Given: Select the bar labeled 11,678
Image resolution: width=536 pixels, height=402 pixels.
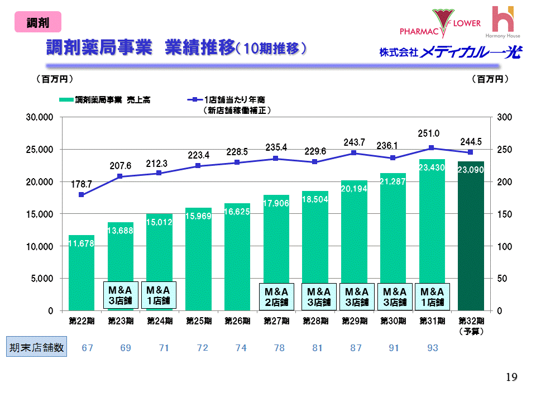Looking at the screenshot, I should (x=82, y=274).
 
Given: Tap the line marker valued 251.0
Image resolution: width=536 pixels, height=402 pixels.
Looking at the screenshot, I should (x=432, y=148).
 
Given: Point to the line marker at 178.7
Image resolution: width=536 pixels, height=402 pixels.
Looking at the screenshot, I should (x=82, y=195).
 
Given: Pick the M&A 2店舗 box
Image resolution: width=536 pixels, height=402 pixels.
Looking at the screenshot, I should (x=276, y=296).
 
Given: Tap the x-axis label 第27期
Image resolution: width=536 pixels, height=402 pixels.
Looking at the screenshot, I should (x=276, y=321).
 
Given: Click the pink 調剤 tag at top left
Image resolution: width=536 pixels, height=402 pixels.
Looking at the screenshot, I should (x=38, y=23).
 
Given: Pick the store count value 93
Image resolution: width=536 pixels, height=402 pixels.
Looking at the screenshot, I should (x=432, y=348).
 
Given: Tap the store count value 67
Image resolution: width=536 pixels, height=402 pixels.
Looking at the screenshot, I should (x=88, y=348).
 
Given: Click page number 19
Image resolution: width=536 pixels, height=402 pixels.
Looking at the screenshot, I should (x=511, y=378).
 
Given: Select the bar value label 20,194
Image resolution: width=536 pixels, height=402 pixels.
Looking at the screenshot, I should (x=354, y=189).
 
